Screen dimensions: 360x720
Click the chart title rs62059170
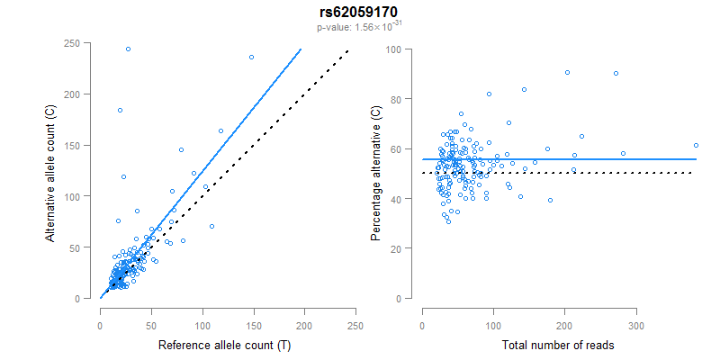[359, 13]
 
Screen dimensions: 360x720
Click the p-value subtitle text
[359, 27]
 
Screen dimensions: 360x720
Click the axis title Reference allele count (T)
[223, 345]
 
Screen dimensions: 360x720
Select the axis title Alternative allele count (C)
[52, 171]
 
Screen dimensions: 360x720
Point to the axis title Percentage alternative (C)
[375, 171]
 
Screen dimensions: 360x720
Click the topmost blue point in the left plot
[128, 49]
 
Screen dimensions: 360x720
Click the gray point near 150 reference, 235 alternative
[251, 58]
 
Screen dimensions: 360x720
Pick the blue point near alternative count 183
[120, 111]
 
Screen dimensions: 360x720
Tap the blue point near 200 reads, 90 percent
[567, 73]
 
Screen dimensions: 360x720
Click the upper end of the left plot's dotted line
[347, 50]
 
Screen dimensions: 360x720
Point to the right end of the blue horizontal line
[696, 159]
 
